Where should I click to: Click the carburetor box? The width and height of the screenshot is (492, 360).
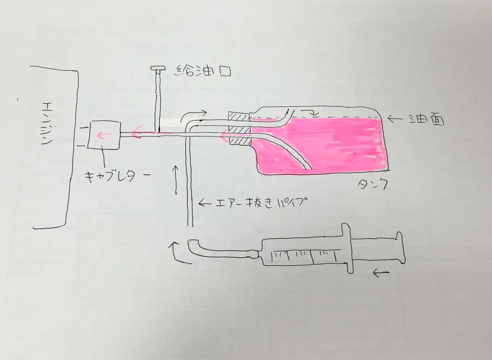click(x=104, y=135)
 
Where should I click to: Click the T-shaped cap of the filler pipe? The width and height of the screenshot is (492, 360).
click(x=158, y=68)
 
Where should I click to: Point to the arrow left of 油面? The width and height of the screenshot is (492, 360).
click(x=395, y=119)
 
